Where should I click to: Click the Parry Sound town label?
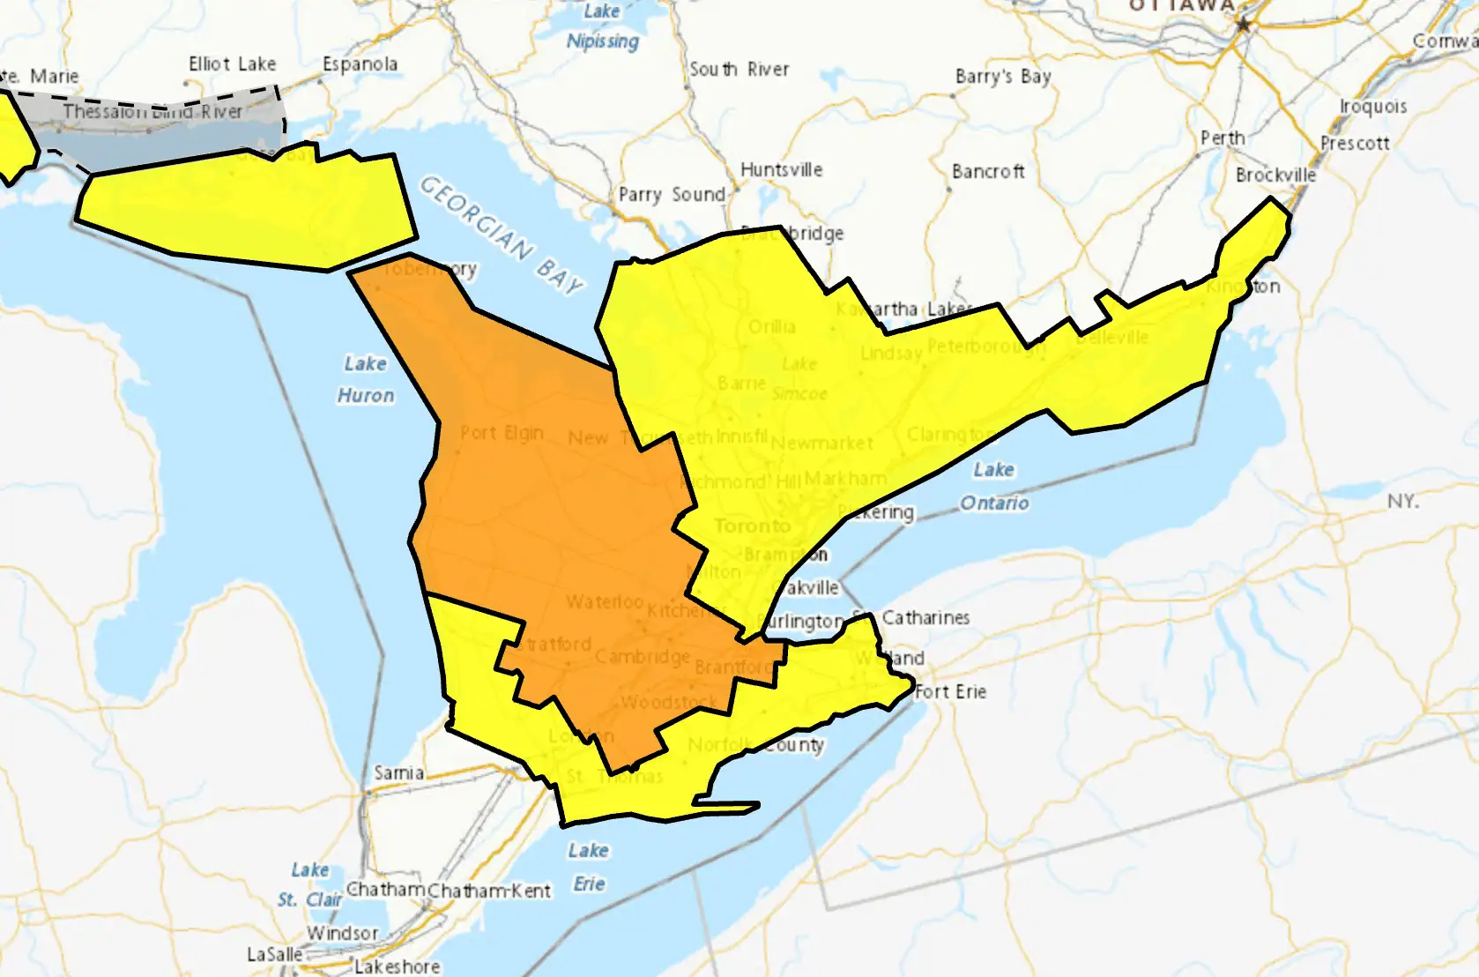tap(672, 195)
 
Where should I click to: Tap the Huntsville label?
tap(781, 169)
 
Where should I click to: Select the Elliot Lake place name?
tap(232, 64)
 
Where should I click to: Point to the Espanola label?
tap(360, 64)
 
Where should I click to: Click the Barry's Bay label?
tap(1003, 77)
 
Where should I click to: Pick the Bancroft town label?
tap(988, 172)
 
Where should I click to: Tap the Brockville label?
tap(1275, 175)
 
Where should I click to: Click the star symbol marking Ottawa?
tap(1244, 25)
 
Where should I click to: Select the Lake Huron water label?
tap(365, 379)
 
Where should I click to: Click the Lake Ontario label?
tap(994, 486)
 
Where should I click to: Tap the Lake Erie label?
tap(588, 867)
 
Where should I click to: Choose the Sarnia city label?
tap(398, 773)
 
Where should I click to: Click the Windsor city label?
tap(342, 933)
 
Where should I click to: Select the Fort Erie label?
tap(950, 692)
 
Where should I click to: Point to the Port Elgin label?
tap(501, 433)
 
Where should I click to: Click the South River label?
tap(739, 70)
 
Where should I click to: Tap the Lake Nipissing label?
tap(602, 26)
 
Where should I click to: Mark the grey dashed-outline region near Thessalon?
tap(176, 128)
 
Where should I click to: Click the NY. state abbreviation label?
tap(1402, 502)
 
